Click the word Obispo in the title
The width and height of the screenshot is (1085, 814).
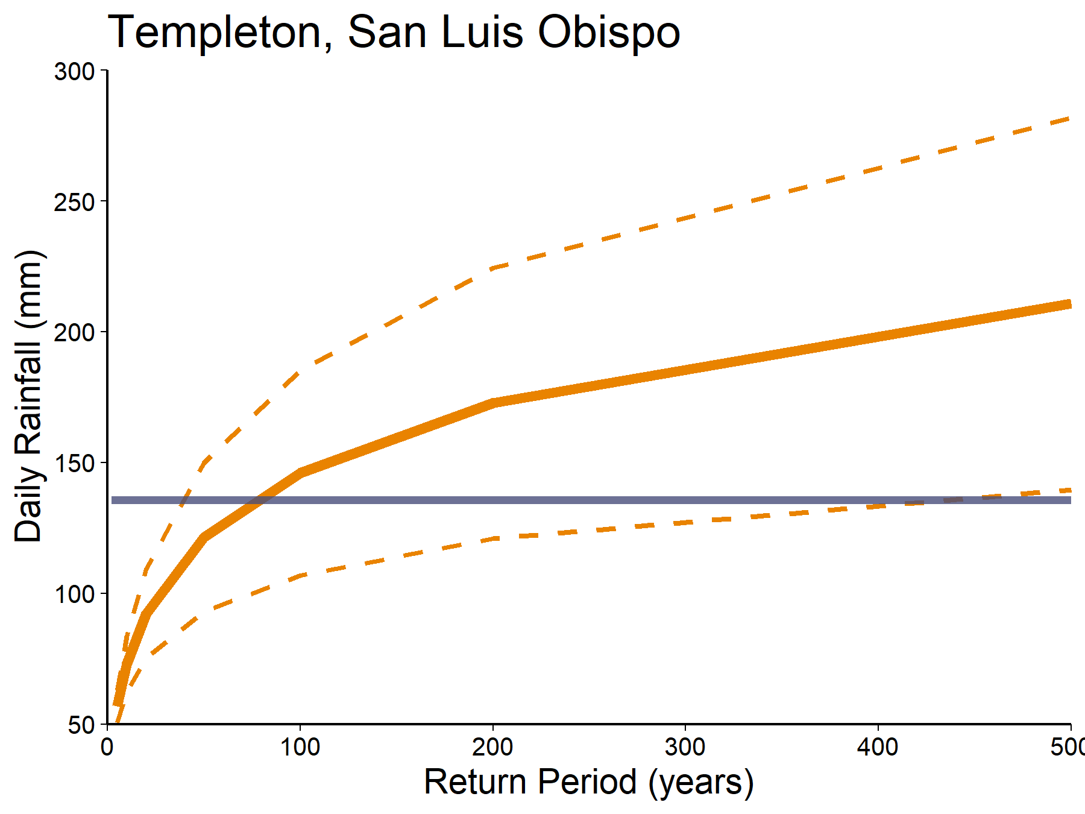point(609,33)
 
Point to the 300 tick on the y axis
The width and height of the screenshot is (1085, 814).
point(75,72)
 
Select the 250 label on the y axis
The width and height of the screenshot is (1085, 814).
point(75,203)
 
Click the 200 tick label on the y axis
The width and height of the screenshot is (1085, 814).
point(75,333)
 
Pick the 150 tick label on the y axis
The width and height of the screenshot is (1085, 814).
point(75,464)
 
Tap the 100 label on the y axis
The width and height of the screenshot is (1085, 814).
point(75,595)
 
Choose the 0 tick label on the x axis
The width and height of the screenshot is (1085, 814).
point(107,748)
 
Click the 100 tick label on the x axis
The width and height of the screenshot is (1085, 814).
point(300,748)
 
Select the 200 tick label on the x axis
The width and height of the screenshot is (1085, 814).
point(493,748)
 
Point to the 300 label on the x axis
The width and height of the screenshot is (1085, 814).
point(685,748)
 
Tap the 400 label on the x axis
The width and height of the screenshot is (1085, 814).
point(878,748)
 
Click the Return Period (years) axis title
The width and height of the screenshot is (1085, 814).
point(589,782)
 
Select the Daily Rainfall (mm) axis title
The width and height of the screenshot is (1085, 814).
point(29,396)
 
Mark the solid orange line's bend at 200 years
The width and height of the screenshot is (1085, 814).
point(493,403)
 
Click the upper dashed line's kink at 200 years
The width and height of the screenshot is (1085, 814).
point(493,268)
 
